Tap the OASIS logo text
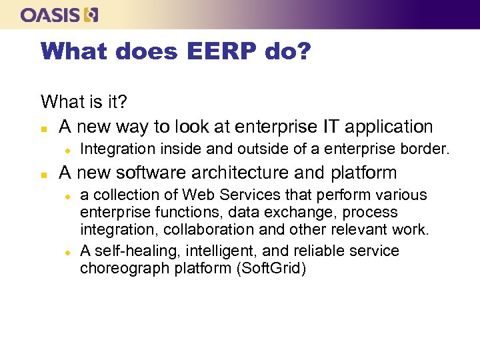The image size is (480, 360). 51,14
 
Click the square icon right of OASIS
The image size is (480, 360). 92,14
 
